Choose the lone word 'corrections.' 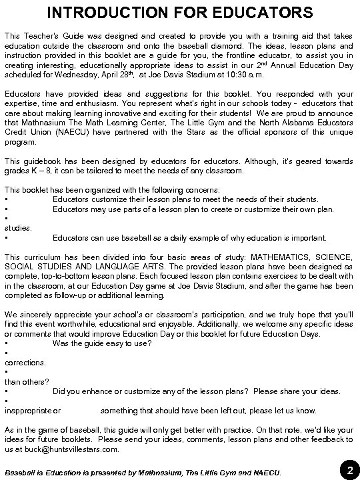point(25,363)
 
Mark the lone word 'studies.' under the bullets point(18,227)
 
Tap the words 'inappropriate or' point(32,411)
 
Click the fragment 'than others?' point(27,381)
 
